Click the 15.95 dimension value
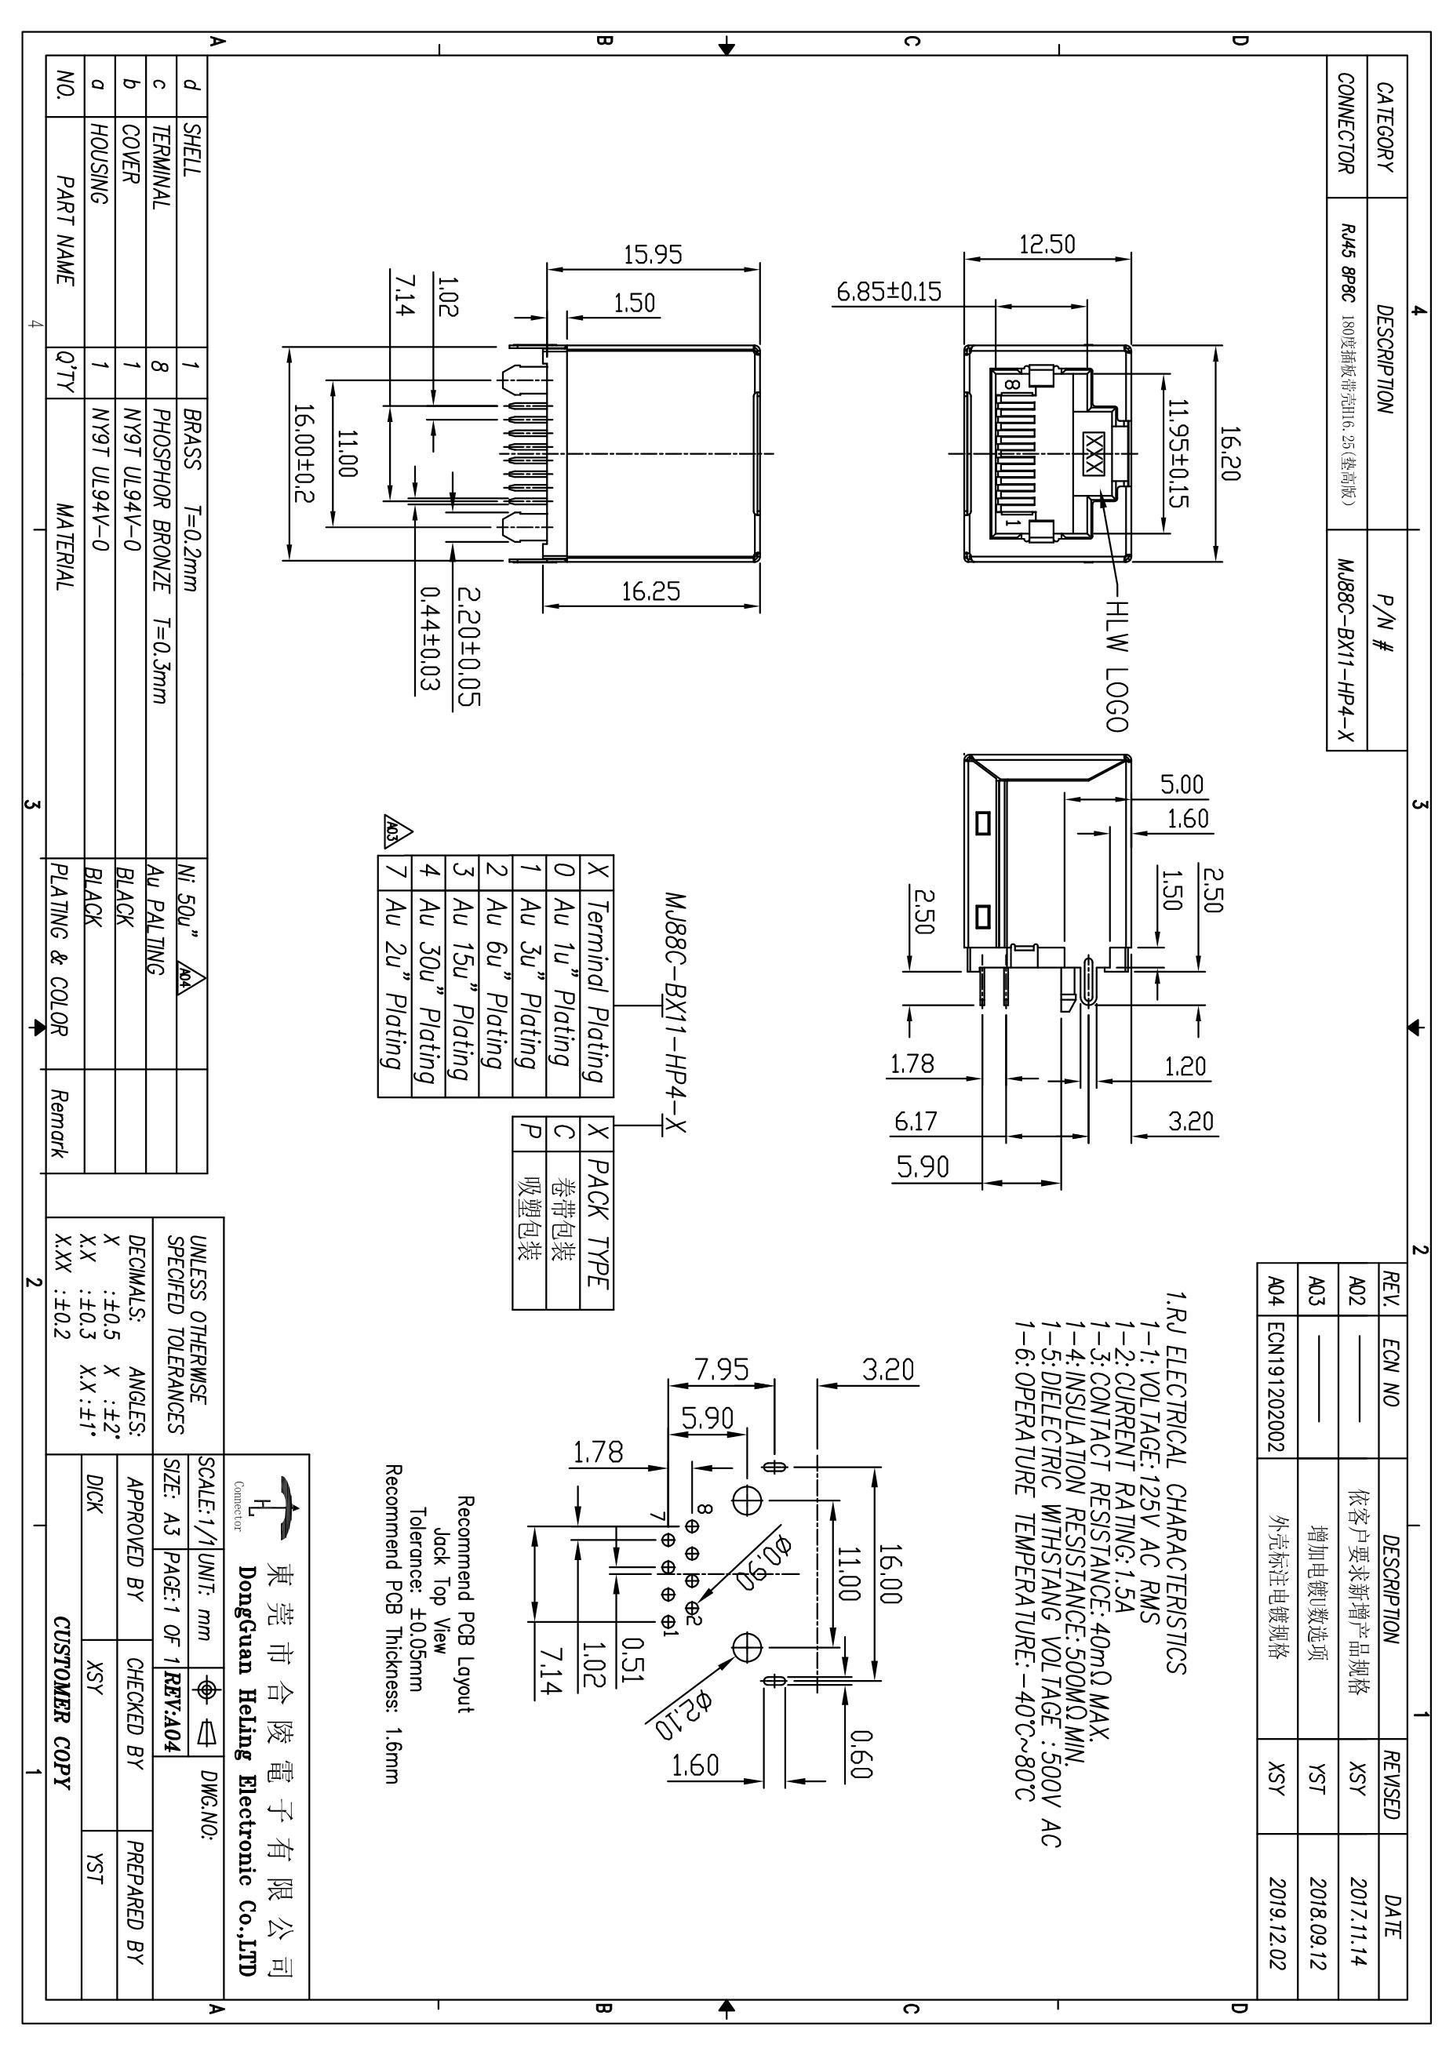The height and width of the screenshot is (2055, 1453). tap(653, 254)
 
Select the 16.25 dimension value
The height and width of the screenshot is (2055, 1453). tap(651, 591)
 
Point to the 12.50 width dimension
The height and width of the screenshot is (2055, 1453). tap(1047, 243)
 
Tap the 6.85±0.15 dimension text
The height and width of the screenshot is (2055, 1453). tap(889, 292)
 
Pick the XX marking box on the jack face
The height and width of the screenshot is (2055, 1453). tap(1093, 454)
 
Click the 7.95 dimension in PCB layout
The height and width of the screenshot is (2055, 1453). tap(722, 1369)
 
